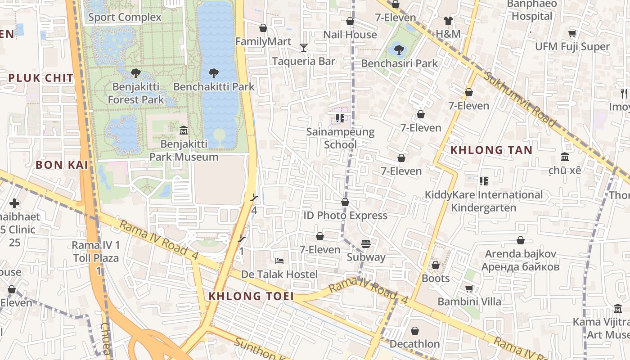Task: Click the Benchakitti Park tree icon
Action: [x=214, y=73]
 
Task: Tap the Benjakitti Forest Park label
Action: [x=136, y=93]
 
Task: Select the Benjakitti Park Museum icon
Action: [x=184, y=130]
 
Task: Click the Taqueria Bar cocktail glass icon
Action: [x=304, y=48]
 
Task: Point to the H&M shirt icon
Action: [x=448, y=20]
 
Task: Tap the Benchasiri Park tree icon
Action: [x=399, y=49]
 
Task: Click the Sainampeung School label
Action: [x=340, y=138]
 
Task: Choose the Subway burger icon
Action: [x=365, y=244]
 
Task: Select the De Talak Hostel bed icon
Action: [x=279, y=261]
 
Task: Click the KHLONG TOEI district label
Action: [x=251, y=296]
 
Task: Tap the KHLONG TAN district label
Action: [x=491, y=150]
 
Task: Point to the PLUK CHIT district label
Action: [x=41, y=78]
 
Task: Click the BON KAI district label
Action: [x=62, y=165]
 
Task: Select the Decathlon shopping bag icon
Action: [x=415, y=331]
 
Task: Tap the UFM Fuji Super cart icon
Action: [x=572, y=33]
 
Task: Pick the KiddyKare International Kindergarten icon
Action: [x=484, y=181]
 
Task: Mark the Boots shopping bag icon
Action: [x=436, y=265]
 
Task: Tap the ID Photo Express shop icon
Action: [x=345, y=202]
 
